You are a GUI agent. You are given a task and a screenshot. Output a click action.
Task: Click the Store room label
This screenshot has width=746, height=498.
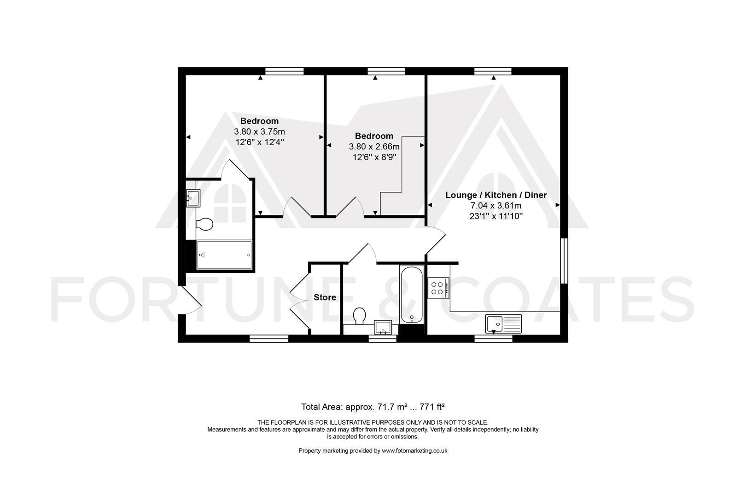325,297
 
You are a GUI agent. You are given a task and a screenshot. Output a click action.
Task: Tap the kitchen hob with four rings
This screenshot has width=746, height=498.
438,288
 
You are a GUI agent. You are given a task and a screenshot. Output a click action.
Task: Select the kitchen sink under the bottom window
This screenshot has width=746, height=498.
503,323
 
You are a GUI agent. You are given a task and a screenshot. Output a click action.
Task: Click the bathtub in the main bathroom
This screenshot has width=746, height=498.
411,295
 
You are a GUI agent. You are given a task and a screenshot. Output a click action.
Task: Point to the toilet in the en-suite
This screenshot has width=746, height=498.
204,225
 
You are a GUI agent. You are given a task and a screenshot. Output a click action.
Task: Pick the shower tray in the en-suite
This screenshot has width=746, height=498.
224,255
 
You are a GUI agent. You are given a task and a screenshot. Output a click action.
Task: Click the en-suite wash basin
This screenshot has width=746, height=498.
192,198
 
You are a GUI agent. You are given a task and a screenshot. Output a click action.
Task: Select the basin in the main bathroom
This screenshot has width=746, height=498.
383,326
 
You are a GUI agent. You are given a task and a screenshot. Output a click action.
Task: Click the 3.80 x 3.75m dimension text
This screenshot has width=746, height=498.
259,132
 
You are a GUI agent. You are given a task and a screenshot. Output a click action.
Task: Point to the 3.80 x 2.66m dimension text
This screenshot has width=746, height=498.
374,147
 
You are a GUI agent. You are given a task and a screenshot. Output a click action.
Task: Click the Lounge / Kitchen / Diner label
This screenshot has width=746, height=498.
496,195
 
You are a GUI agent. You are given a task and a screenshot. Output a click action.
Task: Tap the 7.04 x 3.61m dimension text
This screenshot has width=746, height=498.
496,206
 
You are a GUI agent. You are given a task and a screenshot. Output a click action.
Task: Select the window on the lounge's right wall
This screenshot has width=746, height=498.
564,261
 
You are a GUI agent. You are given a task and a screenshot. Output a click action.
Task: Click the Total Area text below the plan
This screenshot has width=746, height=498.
373,407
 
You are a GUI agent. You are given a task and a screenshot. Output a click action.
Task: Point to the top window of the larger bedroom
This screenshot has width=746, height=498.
285,71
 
